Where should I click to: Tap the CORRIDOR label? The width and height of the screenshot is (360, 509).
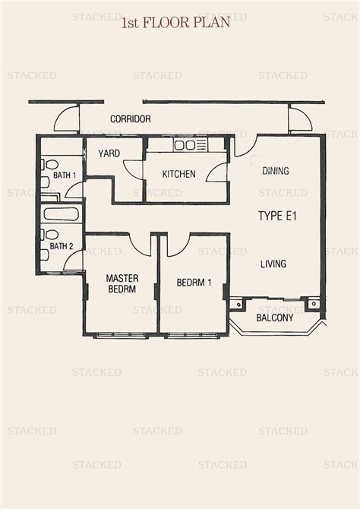click(x=131, y=119)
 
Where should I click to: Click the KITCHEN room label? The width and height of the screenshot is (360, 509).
click(x=178, y=174)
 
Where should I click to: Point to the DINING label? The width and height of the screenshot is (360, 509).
click(x=275, y=171)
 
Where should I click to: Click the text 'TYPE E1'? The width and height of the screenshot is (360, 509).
click(x=276, y=216)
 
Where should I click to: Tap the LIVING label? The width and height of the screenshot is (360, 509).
click(x=273, y=264)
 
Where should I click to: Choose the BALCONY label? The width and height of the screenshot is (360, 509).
click(x=274, y=318)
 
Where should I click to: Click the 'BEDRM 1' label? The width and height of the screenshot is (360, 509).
click(x=194, y=283)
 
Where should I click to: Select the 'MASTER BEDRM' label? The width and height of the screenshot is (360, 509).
click(x=121, y=284)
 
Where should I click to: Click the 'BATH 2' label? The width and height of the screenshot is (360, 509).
click(x=62, y=246)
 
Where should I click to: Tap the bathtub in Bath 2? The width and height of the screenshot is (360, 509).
click(x=62, y=213)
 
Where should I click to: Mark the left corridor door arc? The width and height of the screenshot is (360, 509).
click(x=67, y=118)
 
